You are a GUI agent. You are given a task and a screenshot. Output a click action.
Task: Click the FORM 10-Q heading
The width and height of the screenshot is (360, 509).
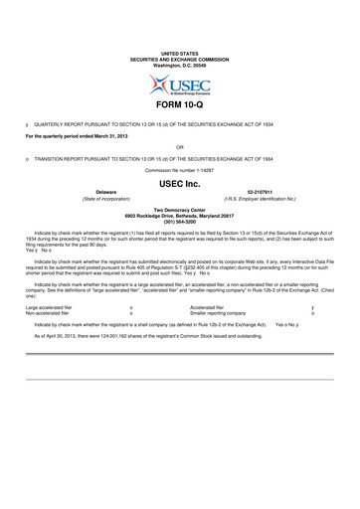180,103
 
